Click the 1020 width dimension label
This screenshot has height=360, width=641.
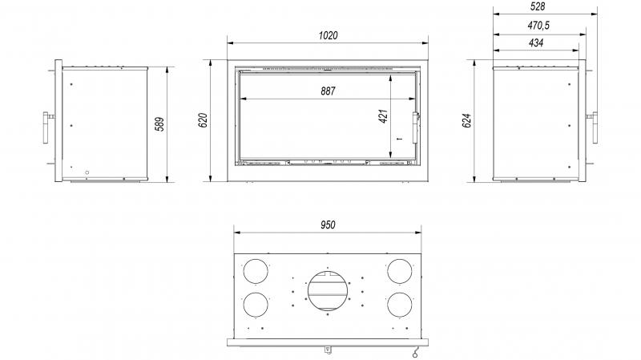329,35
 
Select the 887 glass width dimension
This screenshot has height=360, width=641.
328,91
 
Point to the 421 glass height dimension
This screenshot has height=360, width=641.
383,116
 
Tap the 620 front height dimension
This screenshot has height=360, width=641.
204,119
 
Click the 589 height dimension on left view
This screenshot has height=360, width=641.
159,124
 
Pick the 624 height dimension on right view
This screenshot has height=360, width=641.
467,121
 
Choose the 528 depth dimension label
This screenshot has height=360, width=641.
537,6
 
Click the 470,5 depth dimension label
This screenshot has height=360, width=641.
538,26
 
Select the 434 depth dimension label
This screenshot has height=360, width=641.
536,42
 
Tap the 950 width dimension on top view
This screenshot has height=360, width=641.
328,225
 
